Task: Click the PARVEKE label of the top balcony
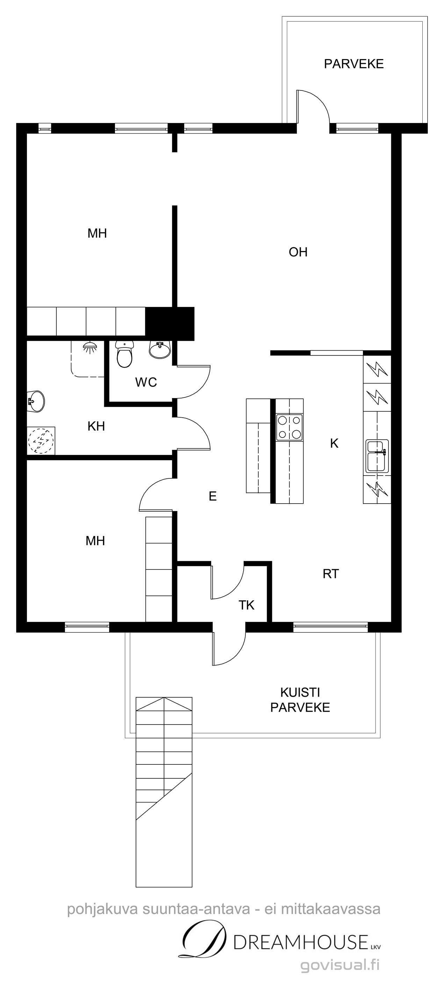click(x=353, y=64)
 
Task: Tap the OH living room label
click(x=298, y=252)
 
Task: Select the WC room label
click(x=146, y=382)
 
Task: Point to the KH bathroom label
click(x=96, y=426)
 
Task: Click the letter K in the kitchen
click(x=334, y=443)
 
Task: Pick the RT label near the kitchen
click(x=330, y=574)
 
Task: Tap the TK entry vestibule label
click(x=246, y=605)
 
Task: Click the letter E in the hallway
click(x=212, y=496)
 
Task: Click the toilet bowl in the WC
click(x=124, y=354)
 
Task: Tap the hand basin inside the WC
click(x=160, y=349)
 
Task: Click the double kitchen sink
click(x=377, y=456)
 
